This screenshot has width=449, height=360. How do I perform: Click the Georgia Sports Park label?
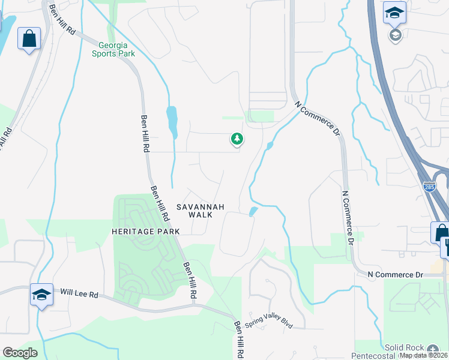(113, 49)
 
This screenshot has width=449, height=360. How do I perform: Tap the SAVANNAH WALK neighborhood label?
(200, 211)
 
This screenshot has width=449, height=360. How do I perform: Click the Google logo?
(20, 353)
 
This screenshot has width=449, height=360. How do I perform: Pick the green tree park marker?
(237, 140)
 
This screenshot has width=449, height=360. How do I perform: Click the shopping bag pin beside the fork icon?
(441, 232)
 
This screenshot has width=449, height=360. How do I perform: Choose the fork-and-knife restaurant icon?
(446, 246)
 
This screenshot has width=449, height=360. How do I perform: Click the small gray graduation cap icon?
(395, 35)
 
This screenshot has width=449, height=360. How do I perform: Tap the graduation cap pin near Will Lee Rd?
(41, 295)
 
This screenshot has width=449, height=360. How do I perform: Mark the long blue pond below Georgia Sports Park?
(172, 121)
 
